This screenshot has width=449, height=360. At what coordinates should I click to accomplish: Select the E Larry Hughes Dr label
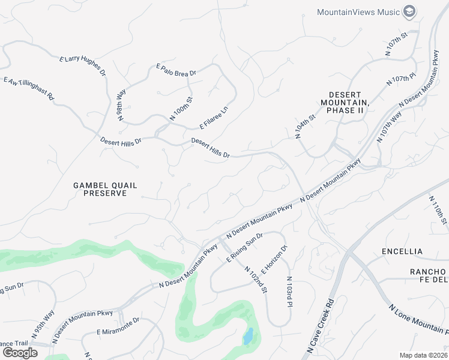pos(83,66)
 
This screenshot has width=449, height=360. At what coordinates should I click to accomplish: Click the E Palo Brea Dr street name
pos(176,70)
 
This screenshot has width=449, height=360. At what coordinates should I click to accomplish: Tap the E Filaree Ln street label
pos(214,118)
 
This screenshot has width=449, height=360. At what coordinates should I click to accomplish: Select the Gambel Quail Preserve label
pos(100,190)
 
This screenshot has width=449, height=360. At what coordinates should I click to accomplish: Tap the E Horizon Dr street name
pos(275,257)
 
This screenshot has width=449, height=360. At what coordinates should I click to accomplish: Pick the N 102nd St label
pos(256,280)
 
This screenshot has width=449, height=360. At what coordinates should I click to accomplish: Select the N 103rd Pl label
pos(289,292)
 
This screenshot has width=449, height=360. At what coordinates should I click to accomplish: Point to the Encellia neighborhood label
pos(402,251)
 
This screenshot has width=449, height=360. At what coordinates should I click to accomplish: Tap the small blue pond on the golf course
pos(247,337)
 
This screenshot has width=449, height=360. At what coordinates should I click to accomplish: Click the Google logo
pos(19,352)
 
